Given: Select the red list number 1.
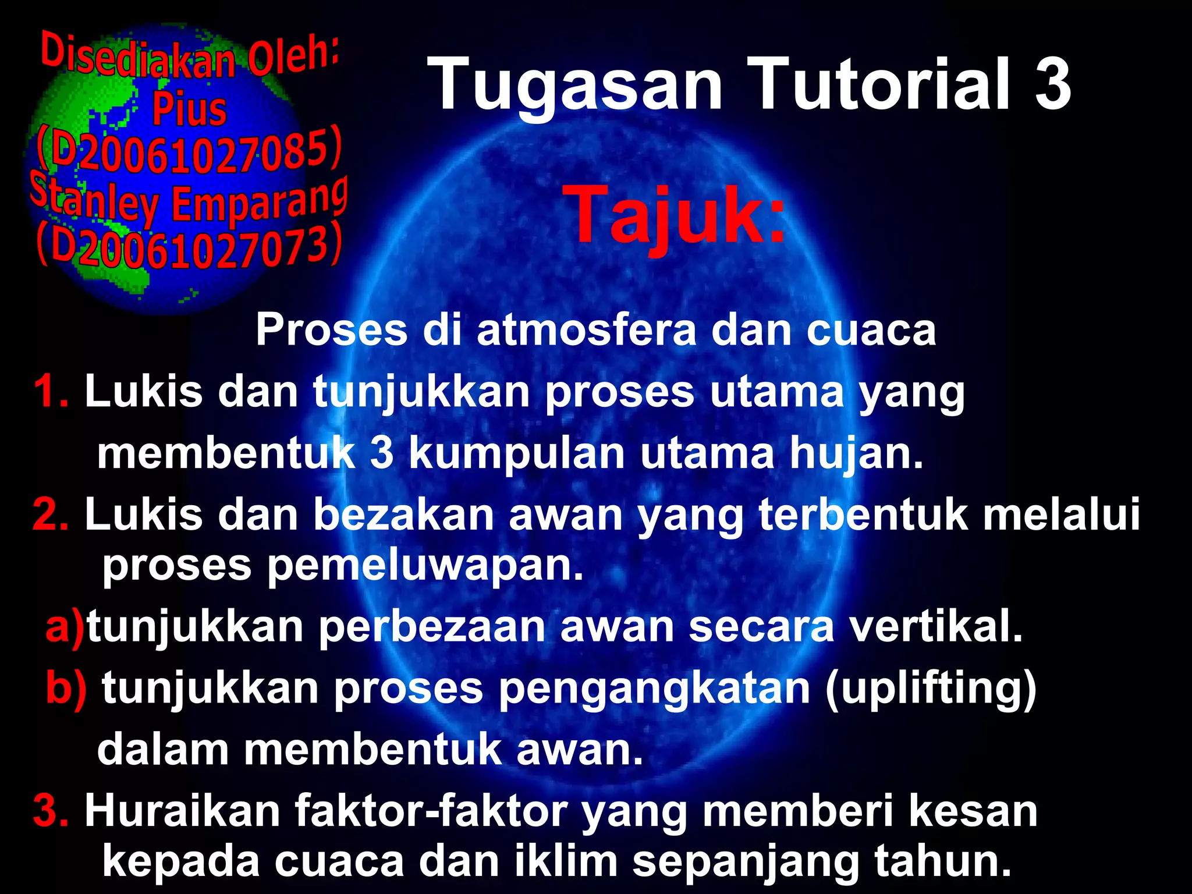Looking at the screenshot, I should pos(51,391).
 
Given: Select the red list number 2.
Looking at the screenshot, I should pos(51,514).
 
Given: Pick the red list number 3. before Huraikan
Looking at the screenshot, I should pos(51,810).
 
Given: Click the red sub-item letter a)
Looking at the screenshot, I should pos(65,627).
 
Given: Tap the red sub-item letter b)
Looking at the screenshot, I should pos(66,688).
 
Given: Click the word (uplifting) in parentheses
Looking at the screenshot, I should pos(931,689).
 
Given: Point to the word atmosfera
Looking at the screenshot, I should pos(587,330).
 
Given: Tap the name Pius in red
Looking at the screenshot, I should pos(189,109).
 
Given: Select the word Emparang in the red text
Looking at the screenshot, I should pos(260,201).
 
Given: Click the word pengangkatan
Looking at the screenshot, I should pos(654,689).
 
